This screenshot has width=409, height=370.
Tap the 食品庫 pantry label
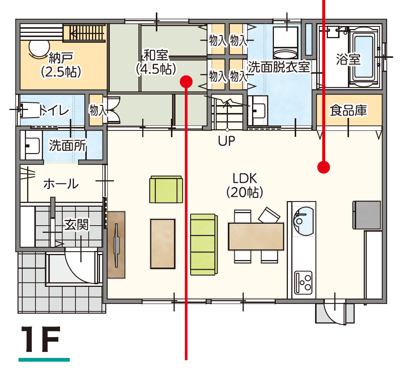(349, 110)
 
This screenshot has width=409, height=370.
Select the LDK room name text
(244, 178)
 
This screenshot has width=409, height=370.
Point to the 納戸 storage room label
(61, 57)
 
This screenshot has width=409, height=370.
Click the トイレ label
(54, 110)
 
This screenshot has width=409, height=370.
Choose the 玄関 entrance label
(77, 225)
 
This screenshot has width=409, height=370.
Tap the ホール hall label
(61, 184)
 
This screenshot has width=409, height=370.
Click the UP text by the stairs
(226, 141)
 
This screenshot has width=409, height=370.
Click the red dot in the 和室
(186, 82)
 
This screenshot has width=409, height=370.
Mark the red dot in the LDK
(324, 167)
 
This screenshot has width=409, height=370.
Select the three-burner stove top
(303, 283)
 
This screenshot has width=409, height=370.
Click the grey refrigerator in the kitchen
(367, 215)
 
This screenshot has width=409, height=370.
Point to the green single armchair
(166, 190)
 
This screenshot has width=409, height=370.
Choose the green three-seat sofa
(204, 244)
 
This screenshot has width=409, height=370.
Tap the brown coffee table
(163, 244)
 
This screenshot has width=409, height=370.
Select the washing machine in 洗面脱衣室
(285, 43)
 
